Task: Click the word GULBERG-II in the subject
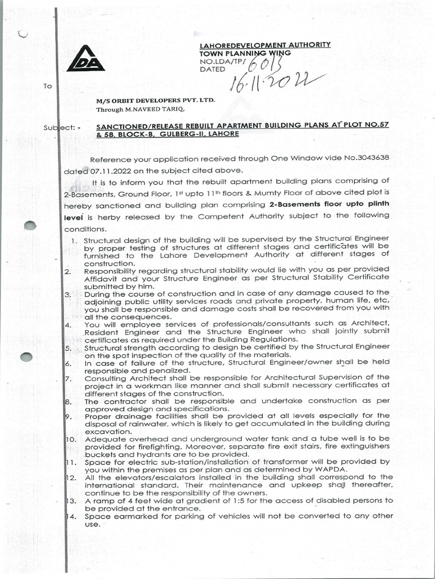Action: (182, 133)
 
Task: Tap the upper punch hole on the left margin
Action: (29, 225)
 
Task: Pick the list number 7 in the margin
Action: (68, 377)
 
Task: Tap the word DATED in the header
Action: (212, 69)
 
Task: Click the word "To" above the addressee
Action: (47, 87)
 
